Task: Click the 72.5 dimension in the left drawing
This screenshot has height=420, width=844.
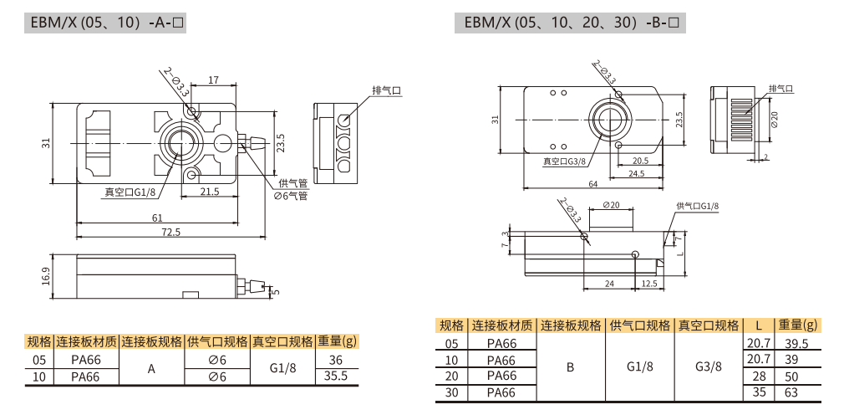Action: tap(171, 232)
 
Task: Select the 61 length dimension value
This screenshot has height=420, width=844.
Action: tap(157, 218)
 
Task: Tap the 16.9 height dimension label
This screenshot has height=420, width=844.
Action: tap(46, 275)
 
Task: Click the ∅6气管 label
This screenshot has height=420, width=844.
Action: tap(291, 196)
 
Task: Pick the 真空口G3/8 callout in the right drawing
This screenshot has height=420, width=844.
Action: tap(564, 161)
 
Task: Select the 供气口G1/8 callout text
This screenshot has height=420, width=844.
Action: tap(697, 206)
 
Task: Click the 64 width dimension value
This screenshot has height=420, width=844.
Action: tap(592, 183)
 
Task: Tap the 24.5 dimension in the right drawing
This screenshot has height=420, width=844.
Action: tap(636, 174)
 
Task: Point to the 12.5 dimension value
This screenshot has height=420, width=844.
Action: tap(648, 284)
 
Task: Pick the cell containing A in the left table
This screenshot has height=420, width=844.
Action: tap(152, 368)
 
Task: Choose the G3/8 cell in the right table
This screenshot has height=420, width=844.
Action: tap(708, 367)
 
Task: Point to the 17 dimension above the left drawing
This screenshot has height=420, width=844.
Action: tap(214, 80)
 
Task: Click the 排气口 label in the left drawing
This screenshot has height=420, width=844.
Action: tap(387, 90)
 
